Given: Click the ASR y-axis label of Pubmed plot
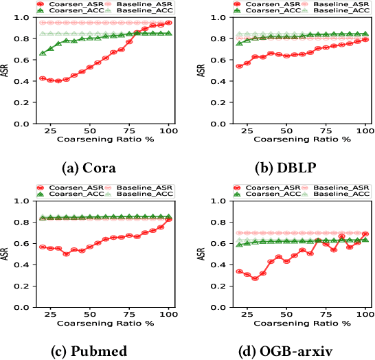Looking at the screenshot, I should click(7, 254).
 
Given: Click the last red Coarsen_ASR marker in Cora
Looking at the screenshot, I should click(168, 23).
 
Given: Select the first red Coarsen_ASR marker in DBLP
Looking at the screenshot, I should click(238, 67).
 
